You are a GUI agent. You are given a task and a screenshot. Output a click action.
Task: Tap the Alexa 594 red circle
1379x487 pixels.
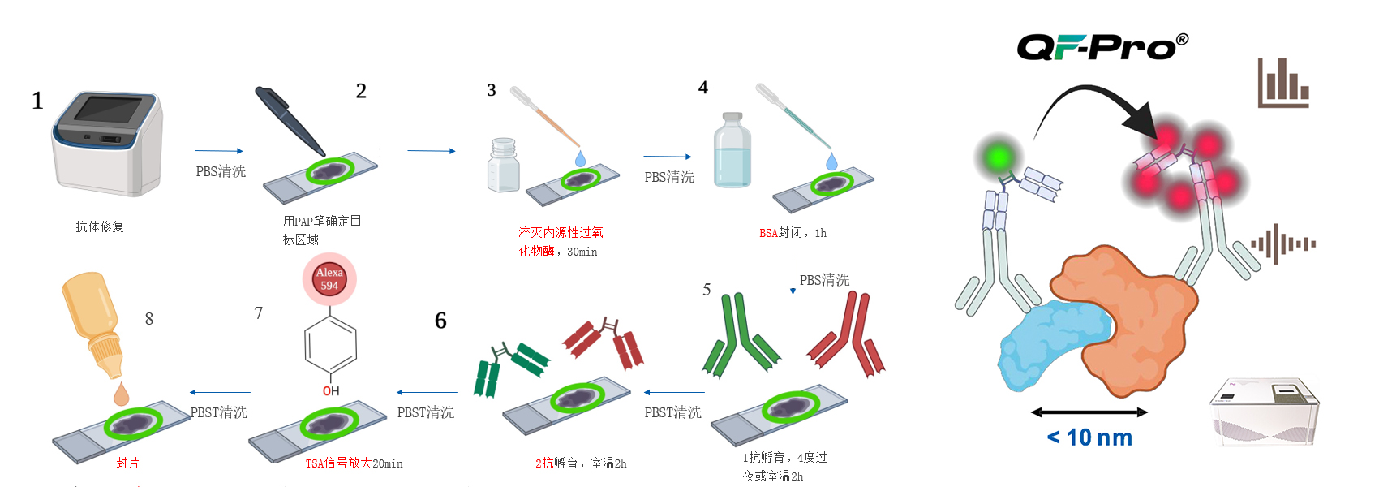[x=329, y=279]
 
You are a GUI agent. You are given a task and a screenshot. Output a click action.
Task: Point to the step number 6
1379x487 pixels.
[x=440, y=321]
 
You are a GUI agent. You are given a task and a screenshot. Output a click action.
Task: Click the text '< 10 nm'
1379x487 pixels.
[x=1090, y=437]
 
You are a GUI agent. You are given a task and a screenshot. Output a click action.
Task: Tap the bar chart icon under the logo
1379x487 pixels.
[x=1282, y=84]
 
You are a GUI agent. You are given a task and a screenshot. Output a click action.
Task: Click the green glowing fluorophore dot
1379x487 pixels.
[x=1000, y=155]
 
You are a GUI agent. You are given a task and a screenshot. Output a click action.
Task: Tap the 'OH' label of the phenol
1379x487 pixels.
[x=331, y=391]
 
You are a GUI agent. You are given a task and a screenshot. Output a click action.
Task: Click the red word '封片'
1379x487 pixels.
[x=127, y=463]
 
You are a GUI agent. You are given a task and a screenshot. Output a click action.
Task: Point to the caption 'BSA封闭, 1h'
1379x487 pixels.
[x=793, y=233]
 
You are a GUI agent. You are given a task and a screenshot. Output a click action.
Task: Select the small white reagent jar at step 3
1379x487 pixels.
[x=503, y=166]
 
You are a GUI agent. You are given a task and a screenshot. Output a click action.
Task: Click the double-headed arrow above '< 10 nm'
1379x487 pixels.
[x=1089, y=412]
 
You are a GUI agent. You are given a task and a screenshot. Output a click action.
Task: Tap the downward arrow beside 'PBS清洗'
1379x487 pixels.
[x=793, y=276]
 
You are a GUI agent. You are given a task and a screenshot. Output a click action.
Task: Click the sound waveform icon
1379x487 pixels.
[x=1283, y=243]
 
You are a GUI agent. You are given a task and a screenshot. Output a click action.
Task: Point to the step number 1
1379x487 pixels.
[x=37, y=101]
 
